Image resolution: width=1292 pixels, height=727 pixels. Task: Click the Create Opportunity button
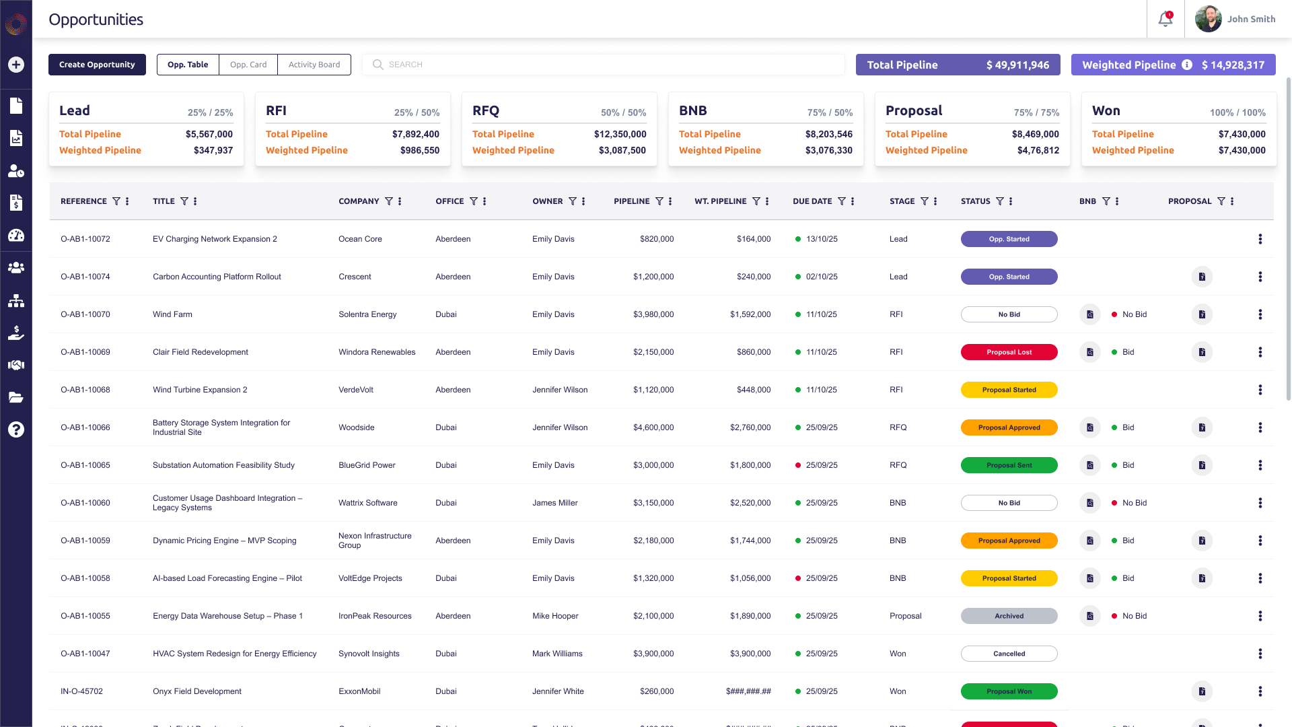pyautogui.click(x=97, y=65)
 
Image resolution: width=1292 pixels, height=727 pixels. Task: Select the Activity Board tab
pyautogui.click(x=314, y=65)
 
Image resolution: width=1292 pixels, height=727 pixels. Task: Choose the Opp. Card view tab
pyautogui.click(x=248, y=65)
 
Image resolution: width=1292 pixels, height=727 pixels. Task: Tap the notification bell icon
pyautogui.click(x=1165, y=19)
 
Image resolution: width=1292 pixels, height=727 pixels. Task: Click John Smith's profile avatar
pyautogui.click(x=1208, y=19)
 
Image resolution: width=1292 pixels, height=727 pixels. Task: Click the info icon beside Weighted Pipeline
pyautogui.click(x=1187, y=65)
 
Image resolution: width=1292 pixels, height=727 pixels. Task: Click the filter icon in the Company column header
pyautogui.click(x=388, y=201)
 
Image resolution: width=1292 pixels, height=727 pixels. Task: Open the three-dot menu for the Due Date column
pyautogui.click(x=853, y=201)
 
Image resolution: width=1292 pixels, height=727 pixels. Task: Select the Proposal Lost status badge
pyautogui.click(x=1009, y=352)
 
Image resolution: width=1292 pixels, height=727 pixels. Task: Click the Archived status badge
pyautogui.click(x=1009, y=616)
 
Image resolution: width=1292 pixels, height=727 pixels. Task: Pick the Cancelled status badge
pyautogui.click(x=1009, y=654)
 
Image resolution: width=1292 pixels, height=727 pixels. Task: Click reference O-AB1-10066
pyautogui.click(x=85, y=427)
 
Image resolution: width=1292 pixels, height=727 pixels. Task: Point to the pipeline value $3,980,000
pyautogui.click(x=653, y=314)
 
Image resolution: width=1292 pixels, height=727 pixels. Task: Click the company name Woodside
pyautogui.click(x=356, y=427)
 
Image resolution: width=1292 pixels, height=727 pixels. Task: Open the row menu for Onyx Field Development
pyautogui.click(x=1260, y=691)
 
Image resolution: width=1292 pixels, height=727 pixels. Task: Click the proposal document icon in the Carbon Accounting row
pyautogui.click(x=1202, y=277)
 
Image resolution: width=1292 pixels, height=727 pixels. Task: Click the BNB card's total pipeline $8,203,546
pyautogui.click(x=828, y=134)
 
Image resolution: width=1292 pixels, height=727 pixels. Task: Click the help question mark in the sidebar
pyautogui.click(x=16, y=429)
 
